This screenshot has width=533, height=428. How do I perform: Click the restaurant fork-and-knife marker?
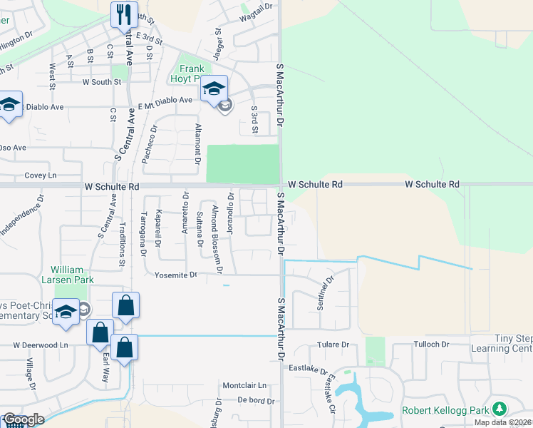[125, 14]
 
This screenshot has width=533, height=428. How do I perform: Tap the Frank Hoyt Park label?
[187, 73]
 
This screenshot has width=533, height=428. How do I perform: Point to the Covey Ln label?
[40, 175]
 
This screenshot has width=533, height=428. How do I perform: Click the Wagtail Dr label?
[257, 7]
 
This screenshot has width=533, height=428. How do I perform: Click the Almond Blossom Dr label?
[218, 240]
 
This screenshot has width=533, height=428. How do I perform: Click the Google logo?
[24, 420]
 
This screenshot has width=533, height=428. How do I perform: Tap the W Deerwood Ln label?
[43, 345]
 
